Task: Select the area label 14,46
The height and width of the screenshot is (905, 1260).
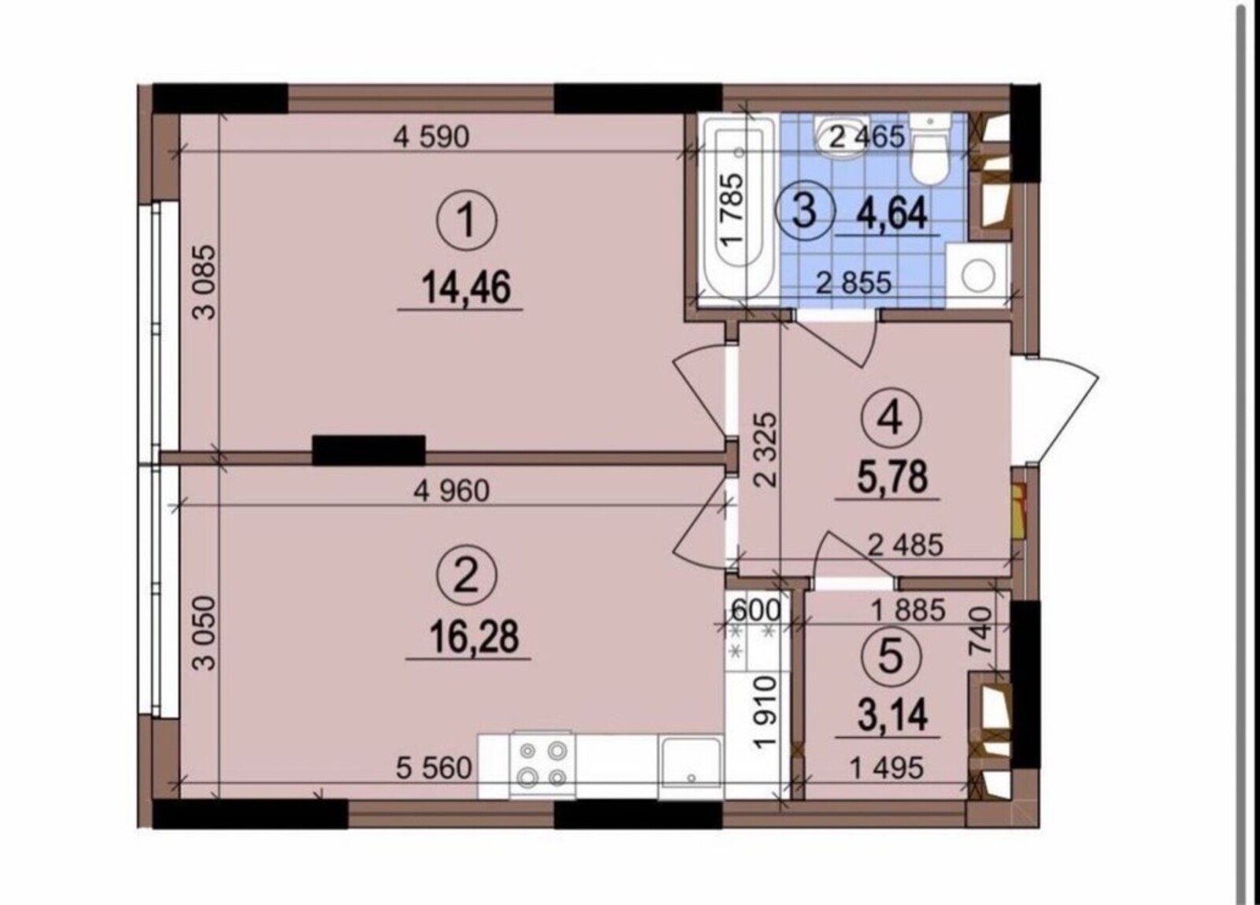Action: click(x=466, y=287)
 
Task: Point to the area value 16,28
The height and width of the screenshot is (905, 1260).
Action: click(x=473, y=636)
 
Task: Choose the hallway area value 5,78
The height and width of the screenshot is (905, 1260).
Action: click(x=891, y=477)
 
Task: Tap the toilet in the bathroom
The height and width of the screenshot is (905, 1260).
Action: click(x=930, y=149)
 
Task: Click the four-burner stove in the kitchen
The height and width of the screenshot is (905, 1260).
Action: click(x=543, y=765)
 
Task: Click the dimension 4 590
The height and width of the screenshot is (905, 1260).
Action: click(x=431, y=137)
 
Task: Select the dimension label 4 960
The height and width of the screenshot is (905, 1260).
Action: click(x=451, y=491)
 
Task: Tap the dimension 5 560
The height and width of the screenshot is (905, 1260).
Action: click(x=433, y=768)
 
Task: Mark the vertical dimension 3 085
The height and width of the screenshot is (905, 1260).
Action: click(x=205, y=282)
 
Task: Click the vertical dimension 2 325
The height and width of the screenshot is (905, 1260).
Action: click(x=766, y=450)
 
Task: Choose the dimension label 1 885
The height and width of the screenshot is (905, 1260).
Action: click(x=907, y=610)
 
